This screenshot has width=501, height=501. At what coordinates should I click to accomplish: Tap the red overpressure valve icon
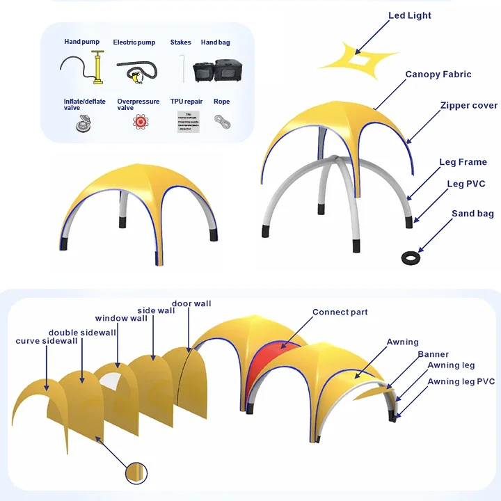point(139,122)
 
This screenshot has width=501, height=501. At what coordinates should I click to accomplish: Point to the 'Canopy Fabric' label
point(438,74)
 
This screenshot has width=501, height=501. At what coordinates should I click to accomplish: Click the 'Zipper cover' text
point(468,106)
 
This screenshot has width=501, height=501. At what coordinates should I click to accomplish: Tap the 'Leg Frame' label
point(463,162)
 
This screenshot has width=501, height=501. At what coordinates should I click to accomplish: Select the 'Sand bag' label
point(472,214)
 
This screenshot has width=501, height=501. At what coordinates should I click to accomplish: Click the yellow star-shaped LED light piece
point(354,56)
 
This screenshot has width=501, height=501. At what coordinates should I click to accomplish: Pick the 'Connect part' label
point(340,312)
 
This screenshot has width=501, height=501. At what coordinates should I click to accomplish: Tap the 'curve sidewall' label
point(47,341)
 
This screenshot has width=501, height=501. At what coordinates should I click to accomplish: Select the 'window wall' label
point(121,319)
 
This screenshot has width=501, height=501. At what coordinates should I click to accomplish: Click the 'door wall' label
point(191,303)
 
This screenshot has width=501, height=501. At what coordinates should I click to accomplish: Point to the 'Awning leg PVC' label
point(461,381)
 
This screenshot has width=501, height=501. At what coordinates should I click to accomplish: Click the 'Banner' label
point(433,355)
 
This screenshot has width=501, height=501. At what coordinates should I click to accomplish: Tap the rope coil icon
point(222,121)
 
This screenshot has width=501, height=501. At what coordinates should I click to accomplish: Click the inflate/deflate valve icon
point(84,123)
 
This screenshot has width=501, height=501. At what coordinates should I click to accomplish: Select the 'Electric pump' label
point(134,42)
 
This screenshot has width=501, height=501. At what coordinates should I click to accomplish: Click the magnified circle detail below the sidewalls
point(137,474)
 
